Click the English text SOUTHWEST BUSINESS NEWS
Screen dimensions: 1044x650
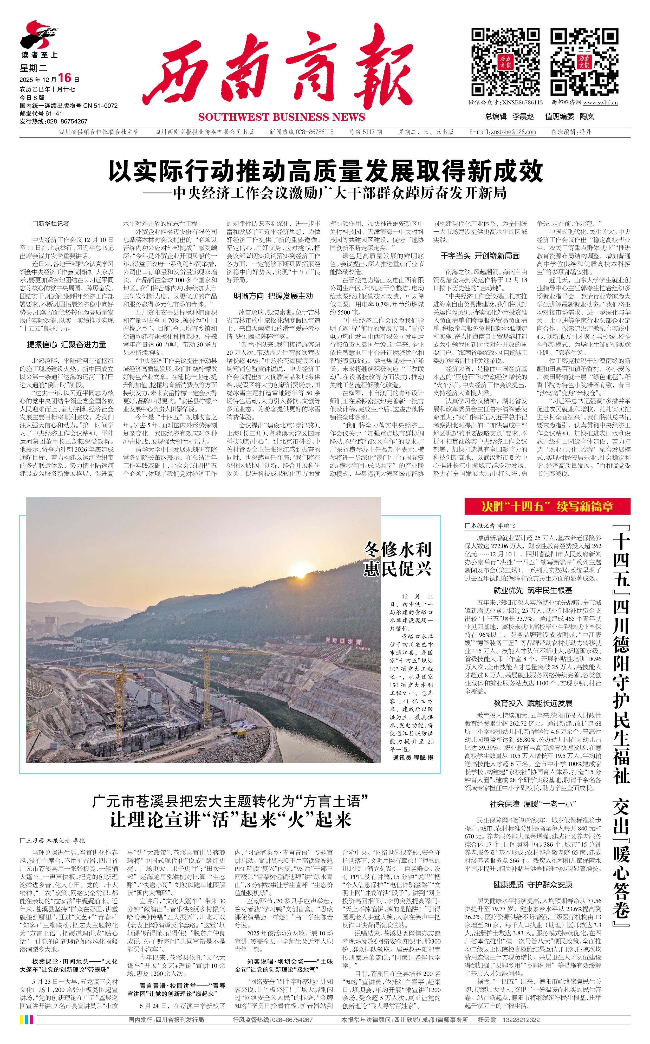[282, 117]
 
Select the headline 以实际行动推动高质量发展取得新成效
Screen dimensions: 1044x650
[326, 172]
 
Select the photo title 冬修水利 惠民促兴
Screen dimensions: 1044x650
[397, 559]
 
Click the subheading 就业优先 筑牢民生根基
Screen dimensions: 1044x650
[533, 590]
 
